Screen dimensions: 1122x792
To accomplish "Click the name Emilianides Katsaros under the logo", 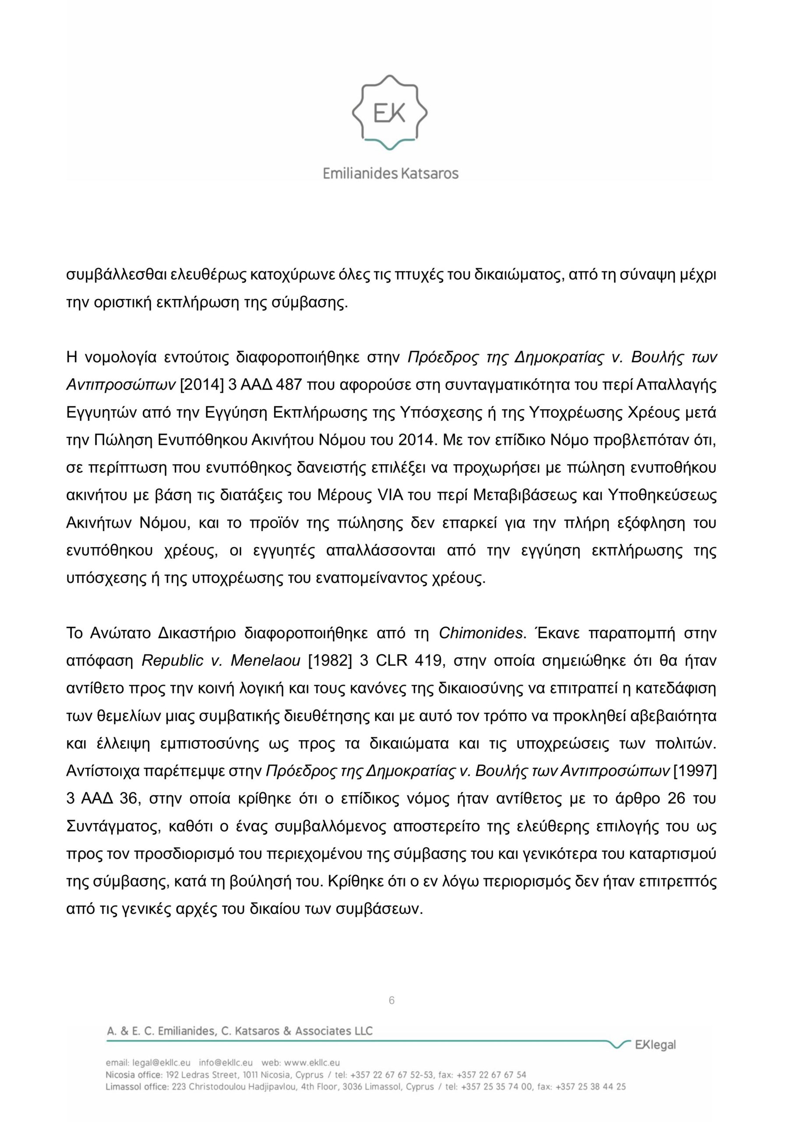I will pos(391,173).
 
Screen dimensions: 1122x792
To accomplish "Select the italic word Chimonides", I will pos(480,633).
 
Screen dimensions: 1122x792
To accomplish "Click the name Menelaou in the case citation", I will pos(265,660).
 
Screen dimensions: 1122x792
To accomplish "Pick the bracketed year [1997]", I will pos(695,771).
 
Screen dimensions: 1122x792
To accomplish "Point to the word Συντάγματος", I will pos(113,826).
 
